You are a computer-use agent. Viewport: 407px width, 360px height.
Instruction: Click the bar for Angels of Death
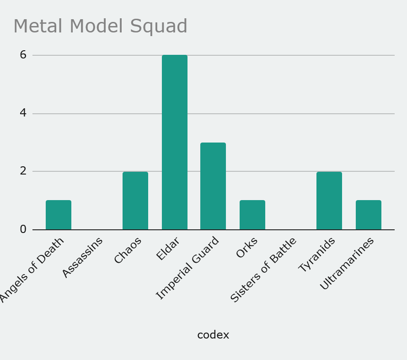[x=59, y=215]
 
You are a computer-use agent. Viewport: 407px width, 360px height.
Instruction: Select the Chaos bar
[x=135, y=201]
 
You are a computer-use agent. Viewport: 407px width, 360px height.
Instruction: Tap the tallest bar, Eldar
[x=175, y=142]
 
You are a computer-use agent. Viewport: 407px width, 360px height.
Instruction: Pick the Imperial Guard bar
[x=213, y=186]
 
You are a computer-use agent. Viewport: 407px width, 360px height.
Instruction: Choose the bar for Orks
[x=252, y=215]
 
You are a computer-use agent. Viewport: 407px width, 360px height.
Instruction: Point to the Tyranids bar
[x=329, y=201]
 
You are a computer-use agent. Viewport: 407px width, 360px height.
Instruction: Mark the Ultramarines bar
[x=369, y=215]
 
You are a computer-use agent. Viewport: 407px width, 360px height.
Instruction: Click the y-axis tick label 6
[x=23, y=55]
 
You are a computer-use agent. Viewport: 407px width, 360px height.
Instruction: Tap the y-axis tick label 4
[x=23, y=113]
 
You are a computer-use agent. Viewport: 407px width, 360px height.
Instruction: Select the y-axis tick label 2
[x=23, y=171]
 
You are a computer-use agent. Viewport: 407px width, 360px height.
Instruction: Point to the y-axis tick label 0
[x=23, y=229]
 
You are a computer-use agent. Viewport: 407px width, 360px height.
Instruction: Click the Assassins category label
[x=83, y=257]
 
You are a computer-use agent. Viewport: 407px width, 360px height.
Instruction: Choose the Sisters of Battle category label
[x=264, y=270]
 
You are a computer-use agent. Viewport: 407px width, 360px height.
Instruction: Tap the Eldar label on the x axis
[x=168, y=249]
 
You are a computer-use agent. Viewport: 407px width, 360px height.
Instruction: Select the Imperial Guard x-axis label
[x=188, y=268]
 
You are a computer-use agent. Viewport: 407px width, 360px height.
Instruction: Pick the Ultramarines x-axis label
[x=347, y=263]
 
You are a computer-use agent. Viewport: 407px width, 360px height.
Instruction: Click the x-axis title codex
[x=213, y=335]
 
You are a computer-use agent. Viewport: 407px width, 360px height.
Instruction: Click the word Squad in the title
[x=159, y=26]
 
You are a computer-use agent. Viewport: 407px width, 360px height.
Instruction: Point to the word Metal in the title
[x=37, y=26]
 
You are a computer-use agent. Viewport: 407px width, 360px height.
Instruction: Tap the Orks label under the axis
[x=247, y=248]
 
